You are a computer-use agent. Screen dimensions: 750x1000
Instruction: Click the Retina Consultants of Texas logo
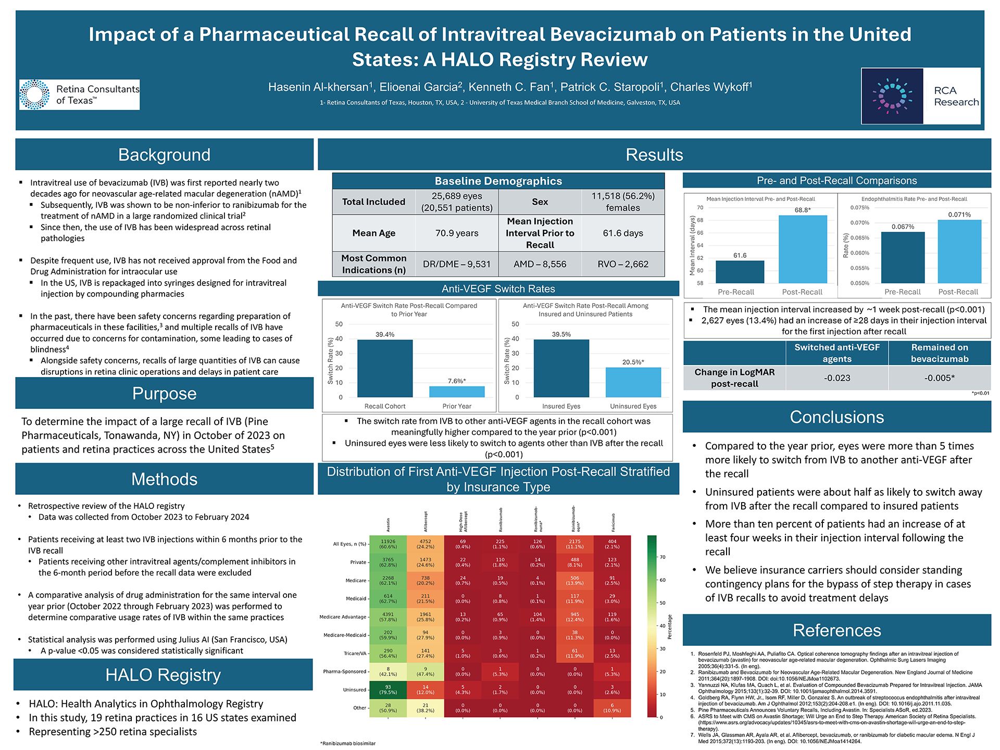80,94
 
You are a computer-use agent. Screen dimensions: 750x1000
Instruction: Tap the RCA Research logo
921,96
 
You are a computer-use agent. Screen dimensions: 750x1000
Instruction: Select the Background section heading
164,155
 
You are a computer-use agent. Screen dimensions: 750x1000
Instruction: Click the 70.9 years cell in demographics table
457,233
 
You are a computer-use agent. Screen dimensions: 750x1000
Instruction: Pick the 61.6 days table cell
623,233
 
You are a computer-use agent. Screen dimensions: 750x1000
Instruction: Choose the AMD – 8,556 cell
540,264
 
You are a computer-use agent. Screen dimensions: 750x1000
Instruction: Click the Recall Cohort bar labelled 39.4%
385,369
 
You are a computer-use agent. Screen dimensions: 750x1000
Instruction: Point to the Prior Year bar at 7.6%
457,392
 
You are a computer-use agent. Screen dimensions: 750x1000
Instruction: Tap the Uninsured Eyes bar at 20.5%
633,382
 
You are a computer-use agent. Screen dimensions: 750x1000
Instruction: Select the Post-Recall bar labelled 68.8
802,249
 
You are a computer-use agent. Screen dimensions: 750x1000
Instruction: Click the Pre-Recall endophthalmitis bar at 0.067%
903,257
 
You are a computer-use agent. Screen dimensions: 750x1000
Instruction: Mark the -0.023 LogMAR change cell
837,378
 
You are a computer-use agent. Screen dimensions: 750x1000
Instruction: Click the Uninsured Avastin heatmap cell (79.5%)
388,690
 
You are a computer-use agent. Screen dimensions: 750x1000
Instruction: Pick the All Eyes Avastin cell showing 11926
388,544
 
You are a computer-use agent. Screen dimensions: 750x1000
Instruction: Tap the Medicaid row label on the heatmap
356,598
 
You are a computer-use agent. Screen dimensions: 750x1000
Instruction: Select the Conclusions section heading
836,417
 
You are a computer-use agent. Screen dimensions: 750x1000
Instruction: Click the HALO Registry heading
163,675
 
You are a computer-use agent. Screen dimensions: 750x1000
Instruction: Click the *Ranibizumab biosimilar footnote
348,743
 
